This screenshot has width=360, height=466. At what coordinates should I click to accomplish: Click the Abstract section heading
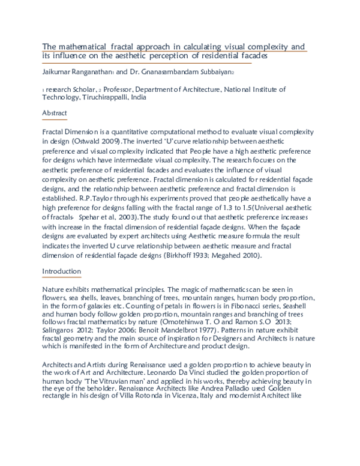[x=55, y=113]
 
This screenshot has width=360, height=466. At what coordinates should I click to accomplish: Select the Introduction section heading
[x=61, y=271]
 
